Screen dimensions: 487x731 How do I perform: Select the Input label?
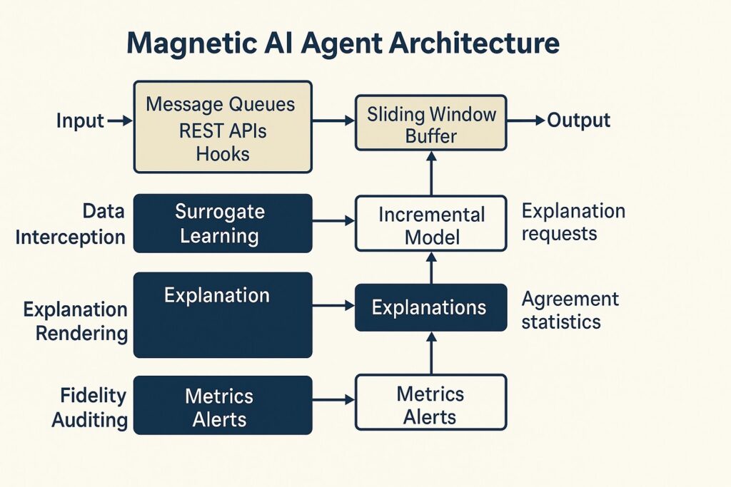click(80, 121)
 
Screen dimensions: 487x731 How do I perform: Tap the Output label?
click(578, 121)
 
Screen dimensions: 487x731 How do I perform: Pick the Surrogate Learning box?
click(223, 223)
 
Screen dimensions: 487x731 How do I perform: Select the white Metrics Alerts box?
click(430, 404)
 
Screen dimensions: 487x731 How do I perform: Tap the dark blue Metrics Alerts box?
click(223, 406)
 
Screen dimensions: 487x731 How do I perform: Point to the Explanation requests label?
click(573, 222)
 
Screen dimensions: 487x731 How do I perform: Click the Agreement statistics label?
click(570, 310)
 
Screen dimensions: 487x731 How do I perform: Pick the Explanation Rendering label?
click(76, 321)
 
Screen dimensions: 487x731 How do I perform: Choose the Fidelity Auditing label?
click(89, 408)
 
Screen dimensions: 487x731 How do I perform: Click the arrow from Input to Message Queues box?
click(119, 121)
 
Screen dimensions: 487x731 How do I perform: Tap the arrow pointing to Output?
click(525, 121)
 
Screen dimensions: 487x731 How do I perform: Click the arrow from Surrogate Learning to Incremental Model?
click(333, 223)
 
